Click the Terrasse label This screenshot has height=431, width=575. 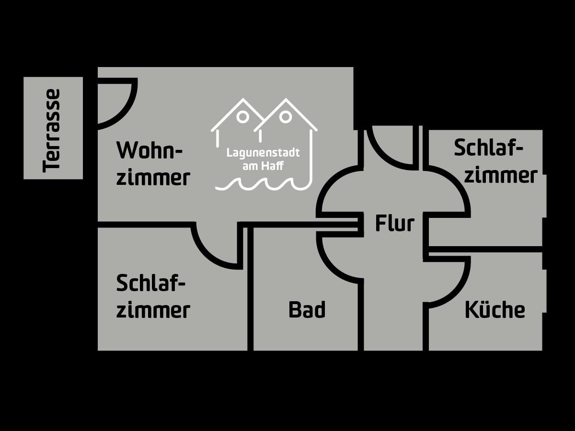coord(52,130)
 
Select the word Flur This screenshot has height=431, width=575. coord(394,224)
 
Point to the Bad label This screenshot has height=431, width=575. coord(307,310)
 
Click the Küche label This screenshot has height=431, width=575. coord(494,310)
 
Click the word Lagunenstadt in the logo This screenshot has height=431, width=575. coord(263,153)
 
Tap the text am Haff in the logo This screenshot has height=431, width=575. coord(263,166)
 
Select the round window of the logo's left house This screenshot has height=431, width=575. coord(243,116)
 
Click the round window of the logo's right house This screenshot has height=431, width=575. coord(286,116)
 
